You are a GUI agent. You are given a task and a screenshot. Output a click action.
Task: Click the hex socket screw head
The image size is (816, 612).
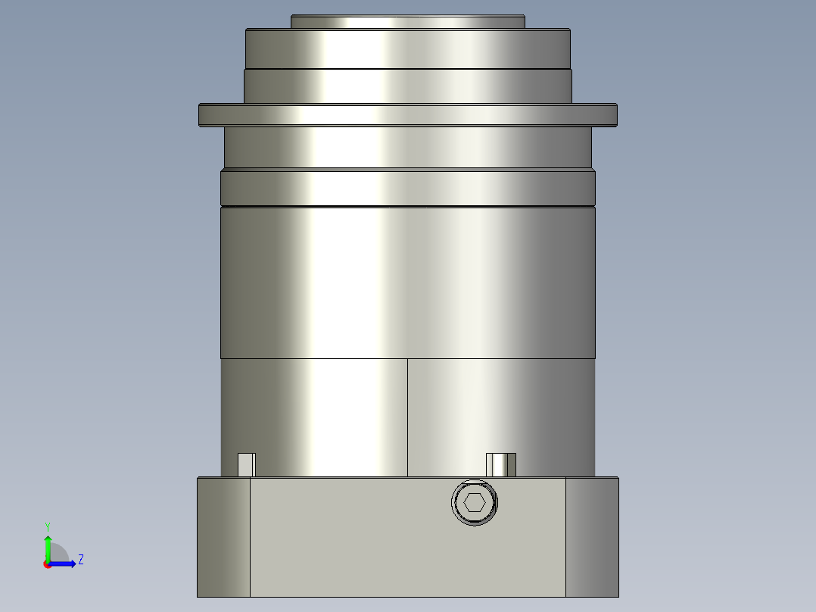(x=475, y=502)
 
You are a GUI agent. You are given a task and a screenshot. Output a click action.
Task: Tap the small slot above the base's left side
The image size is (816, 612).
(x=247, y=464)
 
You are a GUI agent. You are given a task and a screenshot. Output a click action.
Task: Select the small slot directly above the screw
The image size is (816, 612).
(x=500, y=464)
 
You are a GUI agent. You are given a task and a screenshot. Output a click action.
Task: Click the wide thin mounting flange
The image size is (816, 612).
(x=407, y=114)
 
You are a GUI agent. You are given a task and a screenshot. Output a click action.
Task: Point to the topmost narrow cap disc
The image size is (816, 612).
(x=407, y=22)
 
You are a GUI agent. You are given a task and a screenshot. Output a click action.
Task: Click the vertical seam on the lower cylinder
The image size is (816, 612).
(x=407, y=417)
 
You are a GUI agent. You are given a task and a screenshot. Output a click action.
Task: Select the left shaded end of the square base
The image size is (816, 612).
(x=223, y=536)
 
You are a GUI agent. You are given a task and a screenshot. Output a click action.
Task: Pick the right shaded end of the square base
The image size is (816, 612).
(x=592, y=536)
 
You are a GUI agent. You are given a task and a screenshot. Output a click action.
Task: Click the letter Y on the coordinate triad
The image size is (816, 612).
(x=47, y=526)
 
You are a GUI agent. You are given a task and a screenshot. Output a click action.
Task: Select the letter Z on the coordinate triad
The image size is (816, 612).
(x=80, y=560)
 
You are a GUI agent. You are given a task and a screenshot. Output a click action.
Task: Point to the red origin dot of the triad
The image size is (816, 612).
(x=47, y=564)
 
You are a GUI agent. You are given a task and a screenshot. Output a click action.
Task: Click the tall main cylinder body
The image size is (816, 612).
(x=407, y=282)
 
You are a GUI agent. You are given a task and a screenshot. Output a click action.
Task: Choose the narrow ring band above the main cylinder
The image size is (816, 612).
(x=407, y=188)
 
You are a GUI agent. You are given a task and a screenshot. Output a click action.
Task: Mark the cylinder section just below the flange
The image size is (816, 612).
(x=407, y=147)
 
